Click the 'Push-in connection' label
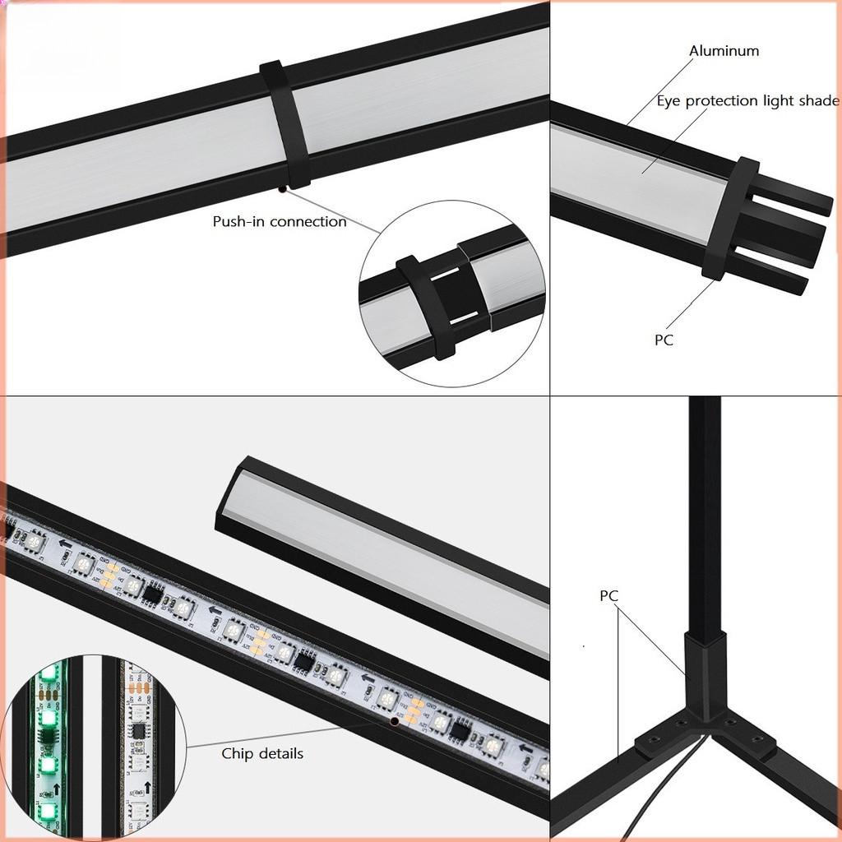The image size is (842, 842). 280,221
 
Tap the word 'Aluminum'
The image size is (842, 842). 724,51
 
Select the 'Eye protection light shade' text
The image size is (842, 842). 747,101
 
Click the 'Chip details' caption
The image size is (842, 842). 262,753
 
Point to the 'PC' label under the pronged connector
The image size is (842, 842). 664,340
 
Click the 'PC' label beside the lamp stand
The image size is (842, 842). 608,596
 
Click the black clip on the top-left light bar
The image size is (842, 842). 285,123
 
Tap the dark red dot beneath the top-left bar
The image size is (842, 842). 282,189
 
